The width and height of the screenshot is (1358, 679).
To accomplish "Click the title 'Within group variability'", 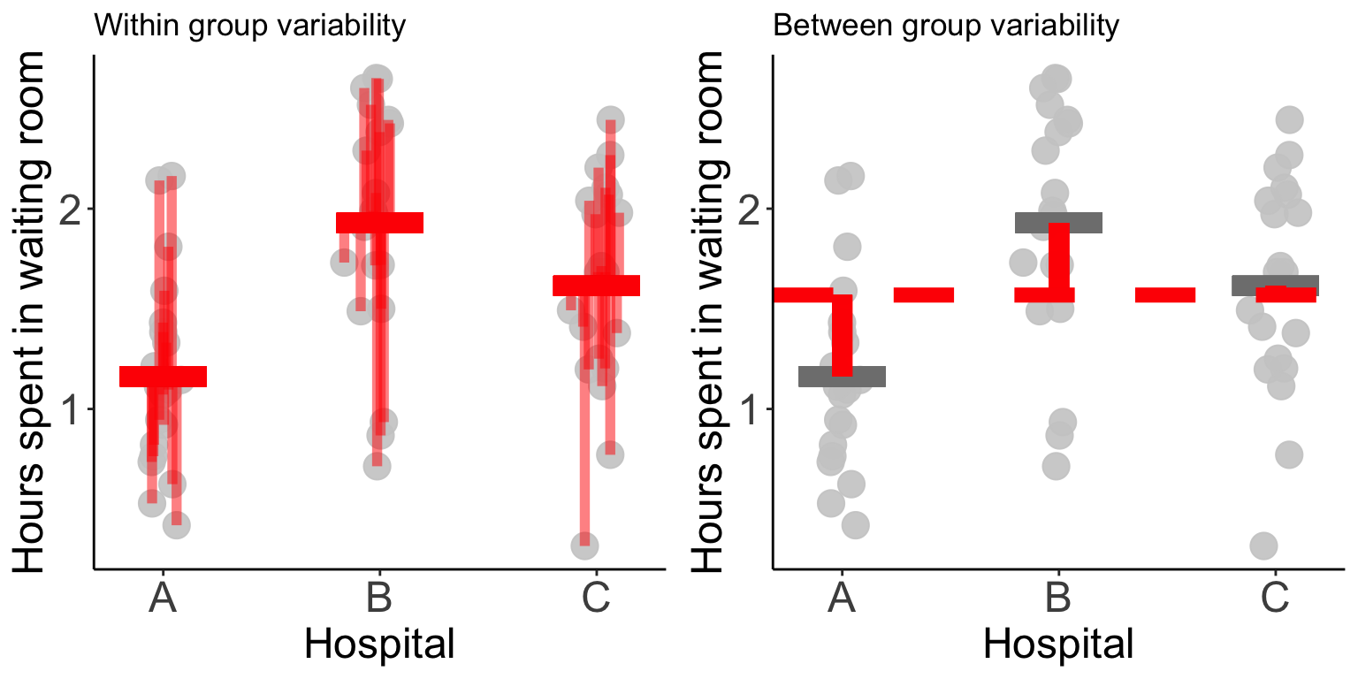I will (x=249, y=27).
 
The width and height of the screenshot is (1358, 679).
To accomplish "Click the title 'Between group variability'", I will (x=946, y=27).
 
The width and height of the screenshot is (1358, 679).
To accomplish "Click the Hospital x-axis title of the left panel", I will (x=379, y=644).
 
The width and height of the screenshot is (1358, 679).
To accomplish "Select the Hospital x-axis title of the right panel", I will (x=1058, y=644).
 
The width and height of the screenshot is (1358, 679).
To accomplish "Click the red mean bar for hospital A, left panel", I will (x=163, y=377).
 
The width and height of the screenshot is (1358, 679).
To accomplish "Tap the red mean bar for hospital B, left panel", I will (x=379, y=222).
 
